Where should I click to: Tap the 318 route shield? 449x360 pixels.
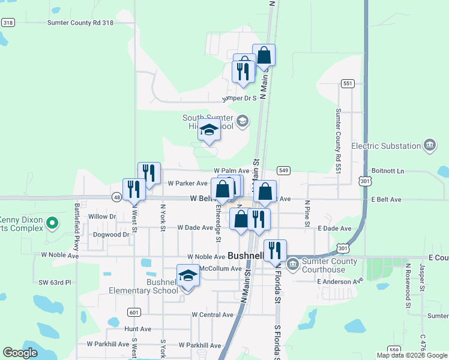coord(8,22)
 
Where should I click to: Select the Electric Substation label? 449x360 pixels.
coord(386,146)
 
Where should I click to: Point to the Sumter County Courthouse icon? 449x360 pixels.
coord(292,263)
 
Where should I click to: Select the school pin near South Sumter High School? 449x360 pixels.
coord(209,131)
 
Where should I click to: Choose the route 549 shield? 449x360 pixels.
coord(284,170)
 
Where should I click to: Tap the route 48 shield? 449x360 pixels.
coord(117,196)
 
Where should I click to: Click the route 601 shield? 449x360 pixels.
coord(134,312)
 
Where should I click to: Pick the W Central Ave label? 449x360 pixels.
coord(212,314)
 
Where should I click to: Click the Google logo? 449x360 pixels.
coord(20,353)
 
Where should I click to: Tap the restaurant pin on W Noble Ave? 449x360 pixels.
coord(275,251)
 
